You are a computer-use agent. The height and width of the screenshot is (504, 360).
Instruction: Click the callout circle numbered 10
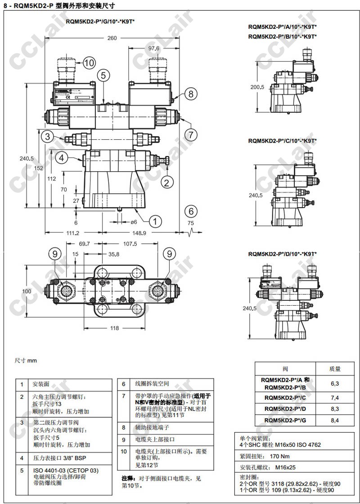tap(89, 62)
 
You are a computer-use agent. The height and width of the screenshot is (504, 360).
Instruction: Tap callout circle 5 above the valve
tap(103, 75)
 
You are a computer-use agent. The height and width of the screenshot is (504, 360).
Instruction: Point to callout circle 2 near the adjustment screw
tap(166, 182)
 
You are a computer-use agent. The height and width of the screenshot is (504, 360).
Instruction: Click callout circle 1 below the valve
tap(155, 221)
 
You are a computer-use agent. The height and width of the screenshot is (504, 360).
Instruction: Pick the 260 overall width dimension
tap(112, 38)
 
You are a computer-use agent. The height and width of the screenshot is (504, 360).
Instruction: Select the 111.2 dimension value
tap(72, 233)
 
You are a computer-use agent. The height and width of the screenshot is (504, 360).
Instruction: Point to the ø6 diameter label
tap(134, 222)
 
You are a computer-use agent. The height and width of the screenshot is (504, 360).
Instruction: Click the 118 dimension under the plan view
tap(115, 328)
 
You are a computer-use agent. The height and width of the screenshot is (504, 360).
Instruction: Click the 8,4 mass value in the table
tap(334, 420)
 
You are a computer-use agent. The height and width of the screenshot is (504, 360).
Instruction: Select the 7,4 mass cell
tap(334, 397)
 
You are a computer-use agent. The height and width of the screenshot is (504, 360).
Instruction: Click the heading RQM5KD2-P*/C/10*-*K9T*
tap(282, 141)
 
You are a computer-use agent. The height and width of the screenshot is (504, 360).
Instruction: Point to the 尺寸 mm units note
tap(26, 361)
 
